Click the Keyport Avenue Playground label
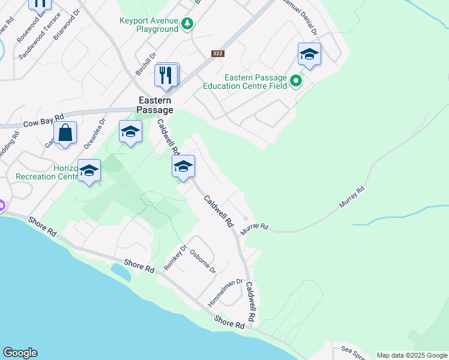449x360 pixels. [x=149, y=24]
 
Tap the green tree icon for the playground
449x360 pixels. [x=188, y=23]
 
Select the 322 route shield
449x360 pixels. [x=218, y=53]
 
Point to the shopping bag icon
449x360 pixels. [x=65, y=132]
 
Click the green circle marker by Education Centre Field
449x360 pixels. [x=295, y=80]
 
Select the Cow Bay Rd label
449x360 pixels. [x=43, y=121]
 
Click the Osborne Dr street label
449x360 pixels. [x=203, y=261]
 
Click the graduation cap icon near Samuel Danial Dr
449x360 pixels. [x=309, y=54]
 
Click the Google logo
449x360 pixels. [x=20, y=353]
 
